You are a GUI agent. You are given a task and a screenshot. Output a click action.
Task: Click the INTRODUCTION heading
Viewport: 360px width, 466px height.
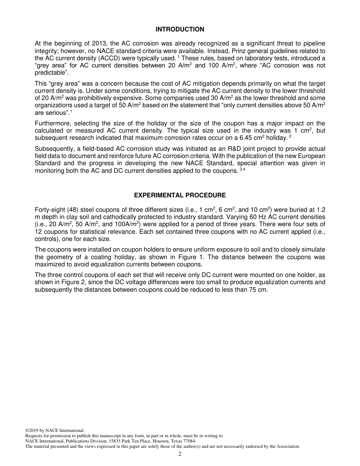tap(180, 30)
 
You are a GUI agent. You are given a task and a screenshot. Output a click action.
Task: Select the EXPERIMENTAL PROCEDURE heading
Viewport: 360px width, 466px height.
tap(180, 195)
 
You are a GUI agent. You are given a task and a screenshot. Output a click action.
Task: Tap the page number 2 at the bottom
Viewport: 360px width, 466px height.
tap(180, 454)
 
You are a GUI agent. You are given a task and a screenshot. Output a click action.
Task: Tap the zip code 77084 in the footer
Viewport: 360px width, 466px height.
tap(189, 441)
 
